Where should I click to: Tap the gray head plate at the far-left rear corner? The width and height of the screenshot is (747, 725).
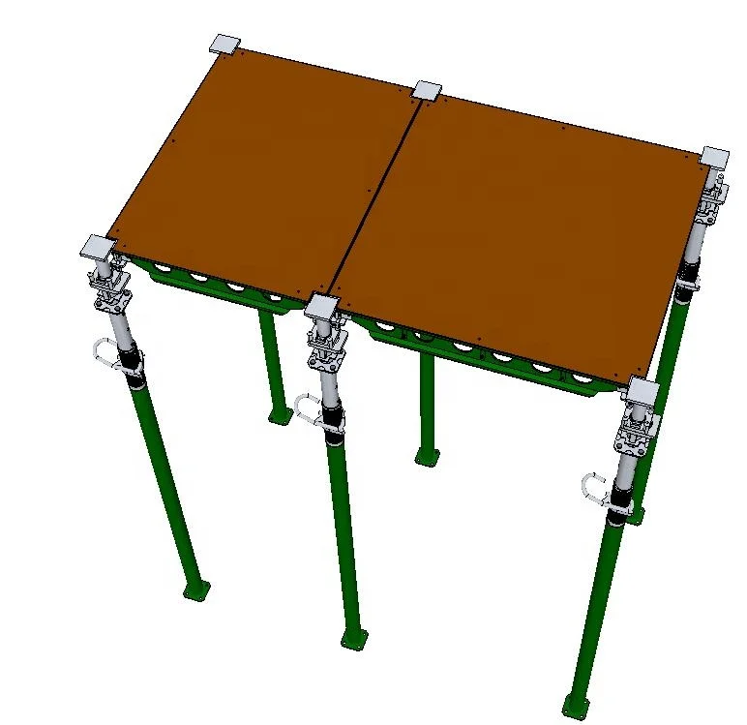pyautogui.click(x=224, y=45)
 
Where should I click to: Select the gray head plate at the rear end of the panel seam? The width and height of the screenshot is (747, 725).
pyautogui.click(x=426, y=92)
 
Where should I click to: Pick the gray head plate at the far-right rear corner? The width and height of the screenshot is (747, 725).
pyautogui.click(x=714, y=157)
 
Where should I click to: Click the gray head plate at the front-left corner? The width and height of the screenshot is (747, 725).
pyautogui.click(x=98, y=247)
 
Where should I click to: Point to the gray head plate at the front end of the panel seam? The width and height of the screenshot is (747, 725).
pyautogui.click(x=320, y=308)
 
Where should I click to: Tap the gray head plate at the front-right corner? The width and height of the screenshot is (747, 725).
pyautogui.click(x=642, y=391)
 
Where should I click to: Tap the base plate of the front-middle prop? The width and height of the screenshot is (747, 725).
pyautogui.click(x=354, y=639)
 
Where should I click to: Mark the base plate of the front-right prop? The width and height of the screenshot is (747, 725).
pyautogui.click(x=575, y=702)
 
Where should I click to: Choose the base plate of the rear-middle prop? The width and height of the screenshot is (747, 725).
pyautogui.click(x=427, y=455)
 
